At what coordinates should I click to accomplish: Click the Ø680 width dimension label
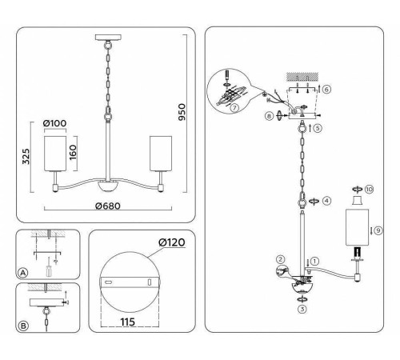107,206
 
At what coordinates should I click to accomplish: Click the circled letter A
23,272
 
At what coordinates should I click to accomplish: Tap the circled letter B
23,326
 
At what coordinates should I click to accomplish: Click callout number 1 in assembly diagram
315,260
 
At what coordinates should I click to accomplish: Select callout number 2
281,259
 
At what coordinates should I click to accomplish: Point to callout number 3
302,307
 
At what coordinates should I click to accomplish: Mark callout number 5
318,128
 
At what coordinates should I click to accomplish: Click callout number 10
369,189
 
